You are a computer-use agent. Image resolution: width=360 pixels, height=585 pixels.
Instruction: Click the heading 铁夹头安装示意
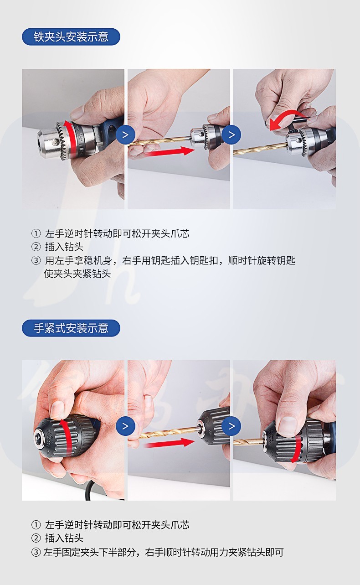[x=71, y=37]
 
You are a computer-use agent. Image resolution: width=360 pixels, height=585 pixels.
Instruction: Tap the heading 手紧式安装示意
[x=71, y=328]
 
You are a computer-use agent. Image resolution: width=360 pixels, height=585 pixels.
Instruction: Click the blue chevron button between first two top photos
[x=126, y=135]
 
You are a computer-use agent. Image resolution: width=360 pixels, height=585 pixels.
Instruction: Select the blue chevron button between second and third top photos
[x=231, y=135]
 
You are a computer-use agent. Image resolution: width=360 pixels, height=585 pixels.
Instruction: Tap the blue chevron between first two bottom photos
[x=126, y=426]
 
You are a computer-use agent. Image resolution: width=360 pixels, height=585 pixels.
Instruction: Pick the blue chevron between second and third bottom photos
[x=231, y=426]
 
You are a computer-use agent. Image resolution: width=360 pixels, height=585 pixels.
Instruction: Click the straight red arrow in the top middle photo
[x=169, y=151]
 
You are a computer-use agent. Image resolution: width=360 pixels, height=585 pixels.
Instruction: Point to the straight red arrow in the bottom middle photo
[x=169, y=442]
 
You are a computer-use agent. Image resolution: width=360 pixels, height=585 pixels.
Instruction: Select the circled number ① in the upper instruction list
[x=36, y=233]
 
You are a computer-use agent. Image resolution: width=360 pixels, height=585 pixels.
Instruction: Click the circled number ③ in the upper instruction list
[x=36, y=260]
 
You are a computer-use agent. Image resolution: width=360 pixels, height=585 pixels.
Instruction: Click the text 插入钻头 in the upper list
[x=64, y=247]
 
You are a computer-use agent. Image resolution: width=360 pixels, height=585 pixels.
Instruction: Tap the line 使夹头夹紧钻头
[x=77, y=274]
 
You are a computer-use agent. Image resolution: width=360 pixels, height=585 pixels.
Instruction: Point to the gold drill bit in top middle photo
[x=159, y=141]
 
